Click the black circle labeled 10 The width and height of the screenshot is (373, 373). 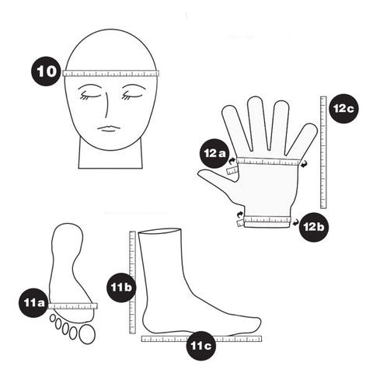tap(47, 71)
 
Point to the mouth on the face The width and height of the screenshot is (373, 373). tap(110, 127)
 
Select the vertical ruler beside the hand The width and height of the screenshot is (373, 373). tap(323, 152)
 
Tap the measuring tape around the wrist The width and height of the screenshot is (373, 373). tap(267, 221)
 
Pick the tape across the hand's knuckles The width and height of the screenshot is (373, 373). tap(268, 162)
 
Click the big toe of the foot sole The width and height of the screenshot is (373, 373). tap(86, 334)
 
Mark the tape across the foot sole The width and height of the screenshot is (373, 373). tap(71, 306)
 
